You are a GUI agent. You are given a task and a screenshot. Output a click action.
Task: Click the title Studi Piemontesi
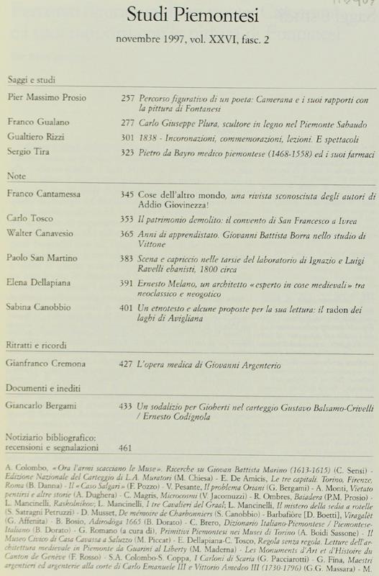click(190, 15)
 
